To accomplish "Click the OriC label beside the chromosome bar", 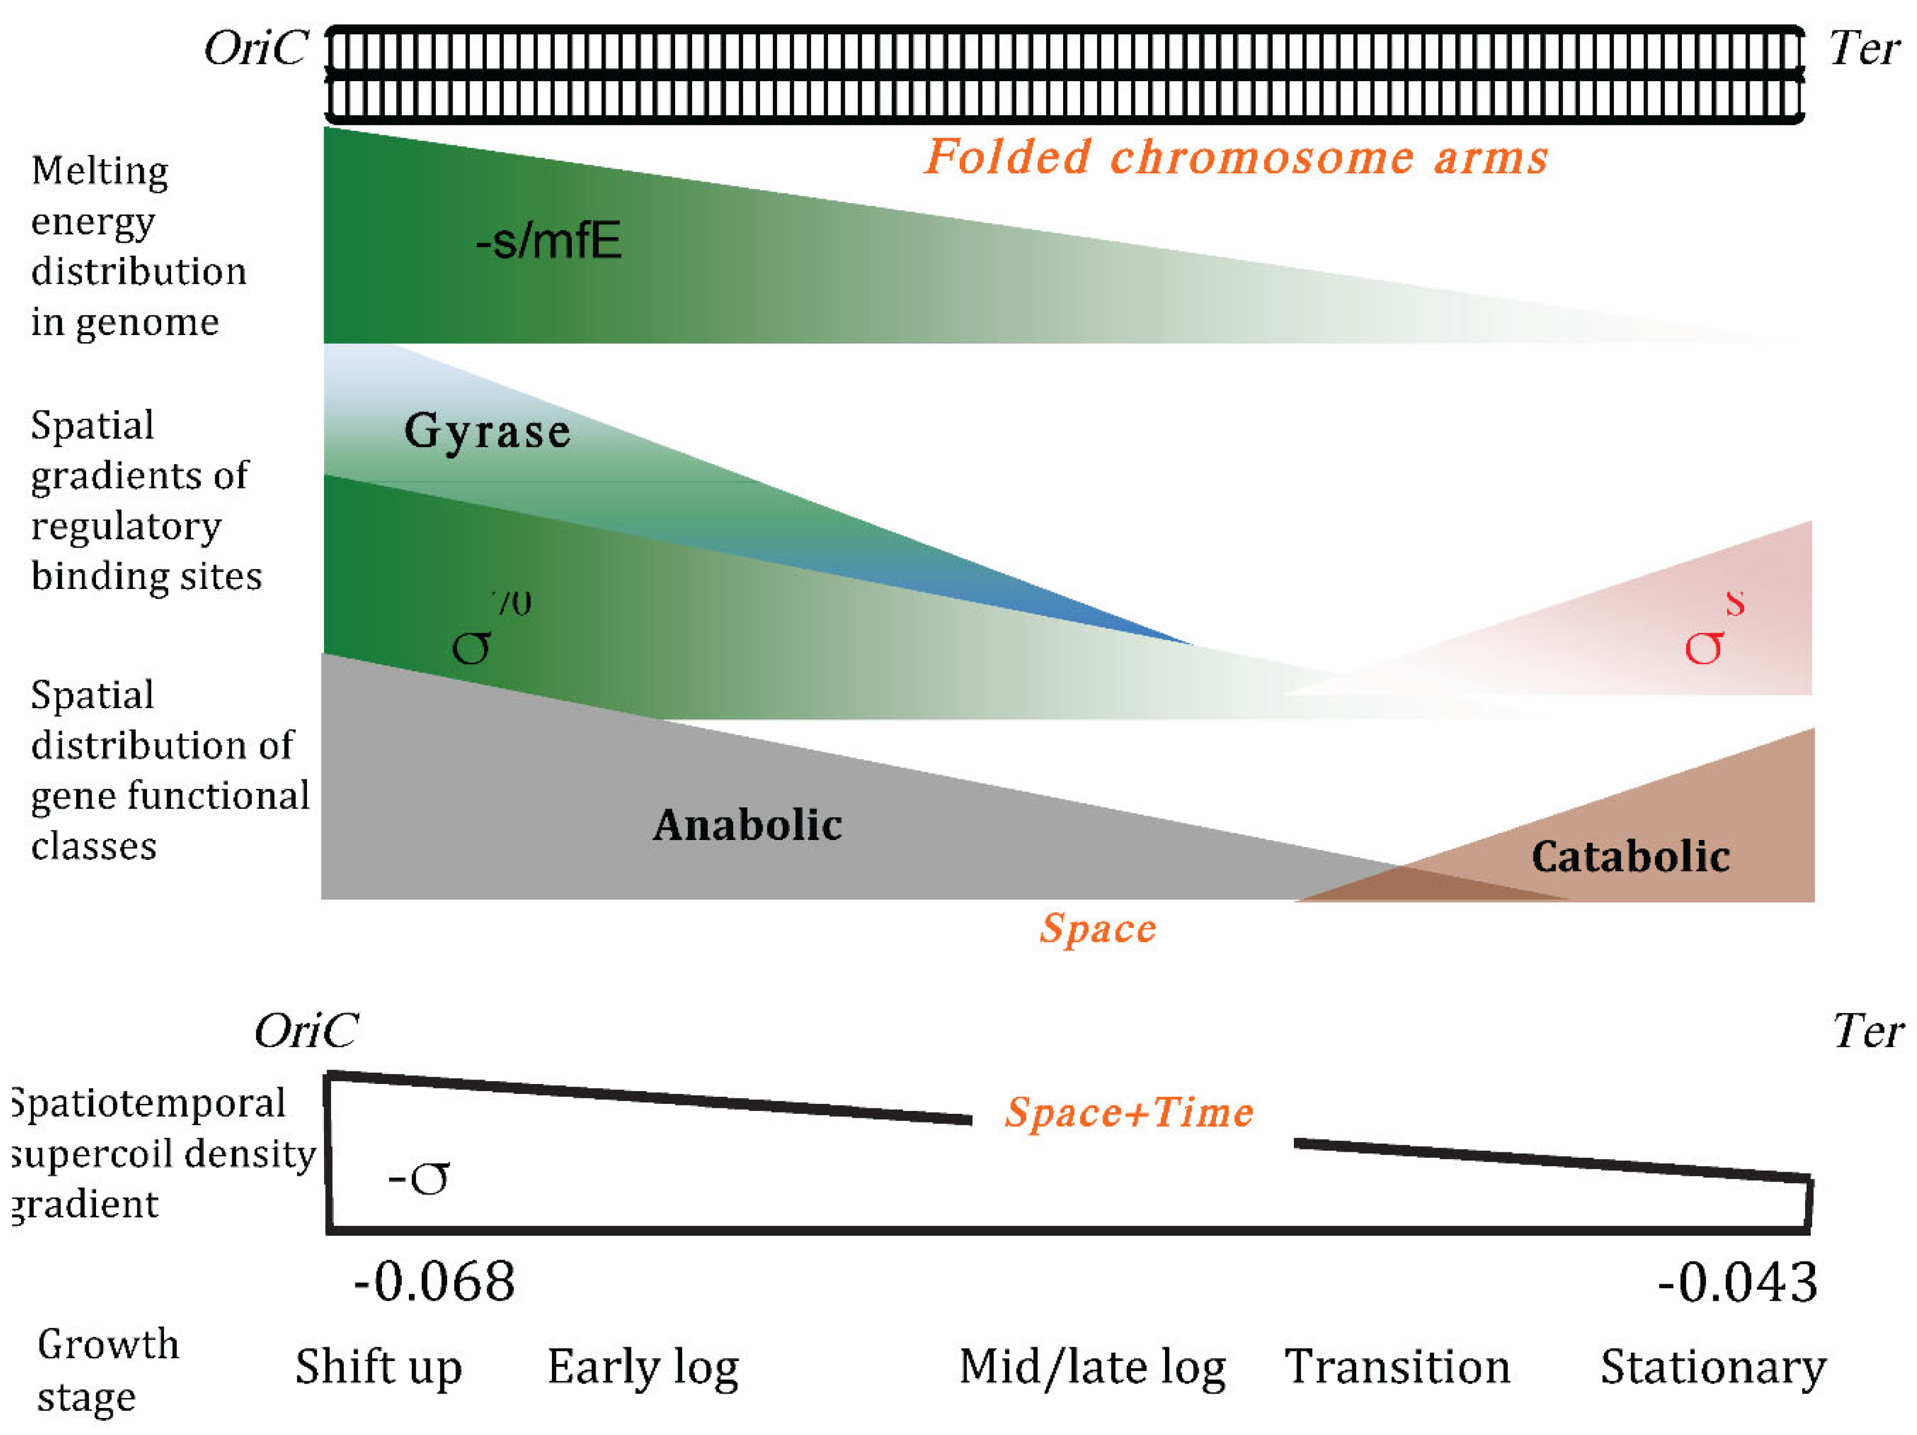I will tap(256, 49).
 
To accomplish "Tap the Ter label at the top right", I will tap(1864, 49).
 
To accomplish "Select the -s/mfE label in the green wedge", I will tap(549, 241).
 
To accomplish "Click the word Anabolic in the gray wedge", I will tap(747, 825).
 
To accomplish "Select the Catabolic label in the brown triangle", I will tap(1630, 856).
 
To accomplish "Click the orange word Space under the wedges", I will tap(1098, 929).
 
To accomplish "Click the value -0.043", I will tap(1738, 1283).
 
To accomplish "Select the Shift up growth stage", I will tap(379, 1368).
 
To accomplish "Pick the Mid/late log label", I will tap(1092, 1368).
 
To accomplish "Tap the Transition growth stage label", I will tap(1397, 1368).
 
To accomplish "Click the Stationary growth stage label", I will tap(1712, 1368).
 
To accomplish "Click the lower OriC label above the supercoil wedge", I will tap(305, 1031).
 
